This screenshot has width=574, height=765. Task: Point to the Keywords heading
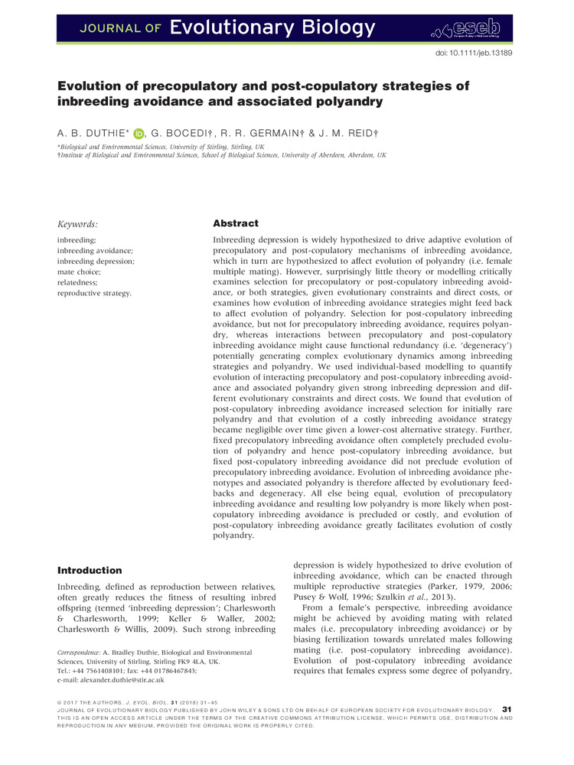[x=78, y=225]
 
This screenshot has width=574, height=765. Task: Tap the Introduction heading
[x=90, y=570]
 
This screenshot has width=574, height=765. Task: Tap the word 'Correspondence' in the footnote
[x=81, y=649]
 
